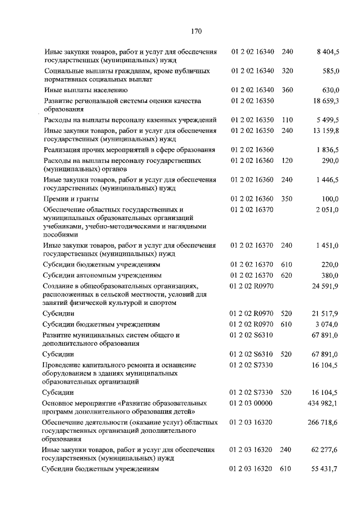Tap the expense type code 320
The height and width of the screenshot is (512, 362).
tap(287, 71)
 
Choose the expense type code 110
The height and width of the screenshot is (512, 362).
tap(287, 120)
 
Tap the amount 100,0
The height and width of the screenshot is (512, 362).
tap(330, 199)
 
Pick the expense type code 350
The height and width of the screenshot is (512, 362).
tap(287, 199)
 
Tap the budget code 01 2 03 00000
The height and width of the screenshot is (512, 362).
tap(252, 403)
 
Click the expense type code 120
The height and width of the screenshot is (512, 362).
tap(287, 161)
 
